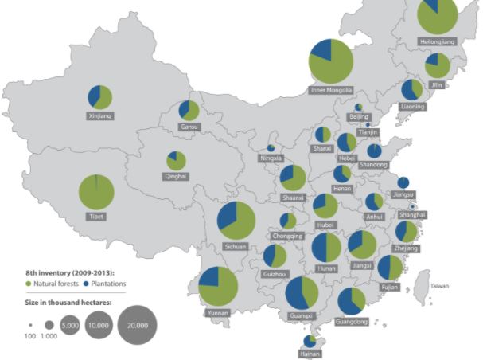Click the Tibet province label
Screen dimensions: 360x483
point(95,217)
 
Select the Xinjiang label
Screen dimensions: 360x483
point(99,116)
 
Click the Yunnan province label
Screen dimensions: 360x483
point(217,313)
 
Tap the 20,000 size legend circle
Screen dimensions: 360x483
point(138,325)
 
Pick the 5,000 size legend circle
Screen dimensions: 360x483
point(69,325)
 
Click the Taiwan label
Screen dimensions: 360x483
point(440,285)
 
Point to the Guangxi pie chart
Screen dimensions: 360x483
point(302,294)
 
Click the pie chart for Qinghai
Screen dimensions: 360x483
point(176,161)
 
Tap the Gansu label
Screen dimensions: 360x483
point(189,127)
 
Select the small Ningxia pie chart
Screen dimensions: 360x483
point(271,147)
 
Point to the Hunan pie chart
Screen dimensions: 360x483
point(325,248)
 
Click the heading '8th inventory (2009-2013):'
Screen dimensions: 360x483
point(70,272)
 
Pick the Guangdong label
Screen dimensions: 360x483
point(352,323)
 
